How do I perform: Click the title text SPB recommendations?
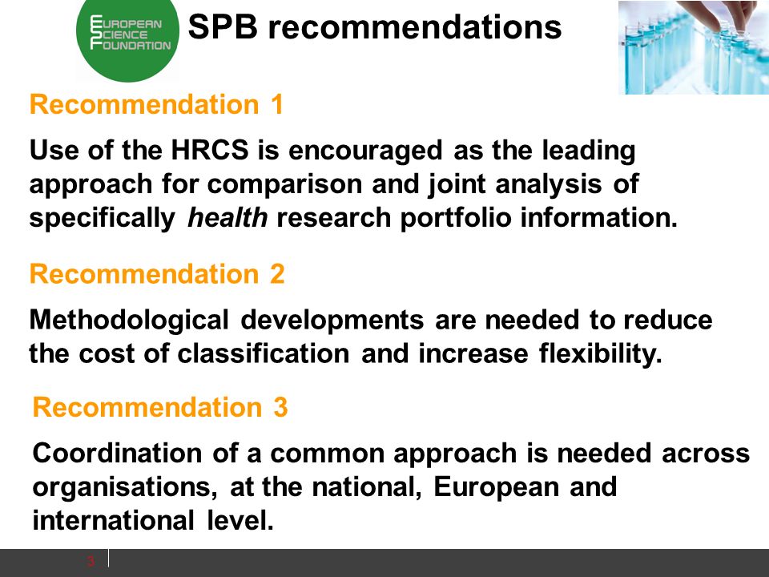[375, 26]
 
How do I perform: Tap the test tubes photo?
[694, 47]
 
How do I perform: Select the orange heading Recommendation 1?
[157, 104]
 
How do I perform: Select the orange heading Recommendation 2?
[157, 273]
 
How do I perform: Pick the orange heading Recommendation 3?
[160, 407]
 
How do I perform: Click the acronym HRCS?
[210, 150]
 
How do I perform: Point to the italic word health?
[227, 217]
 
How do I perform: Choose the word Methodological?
[129, 321]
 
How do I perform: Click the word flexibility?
[601, 354]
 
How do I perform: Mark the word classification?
[264, 353]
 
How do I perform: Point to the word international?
[113, 520]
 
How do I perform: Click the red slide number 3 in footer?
[91, 561]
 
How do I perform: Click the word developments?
[332, 321]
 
